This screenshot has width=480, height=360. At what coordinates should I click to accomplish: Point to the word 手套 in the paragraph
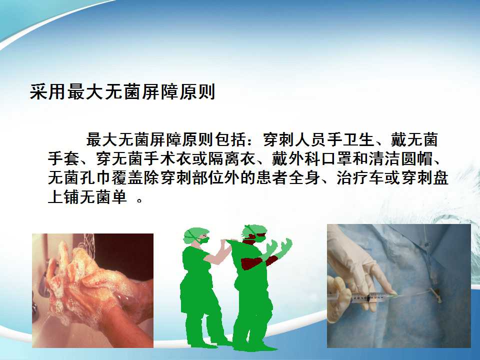point(63,158)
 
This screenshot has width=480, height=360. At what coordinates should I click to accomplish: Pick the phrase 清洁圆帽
point(400,158)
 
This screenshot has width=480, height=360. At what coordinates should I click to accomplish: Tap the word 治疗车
point(360,178)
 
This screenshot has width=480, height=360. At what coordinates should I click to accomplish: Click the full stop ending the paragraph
point(139,201)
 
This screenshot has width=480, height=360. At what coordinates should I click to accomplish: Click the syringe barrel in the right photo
point(361,296)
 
